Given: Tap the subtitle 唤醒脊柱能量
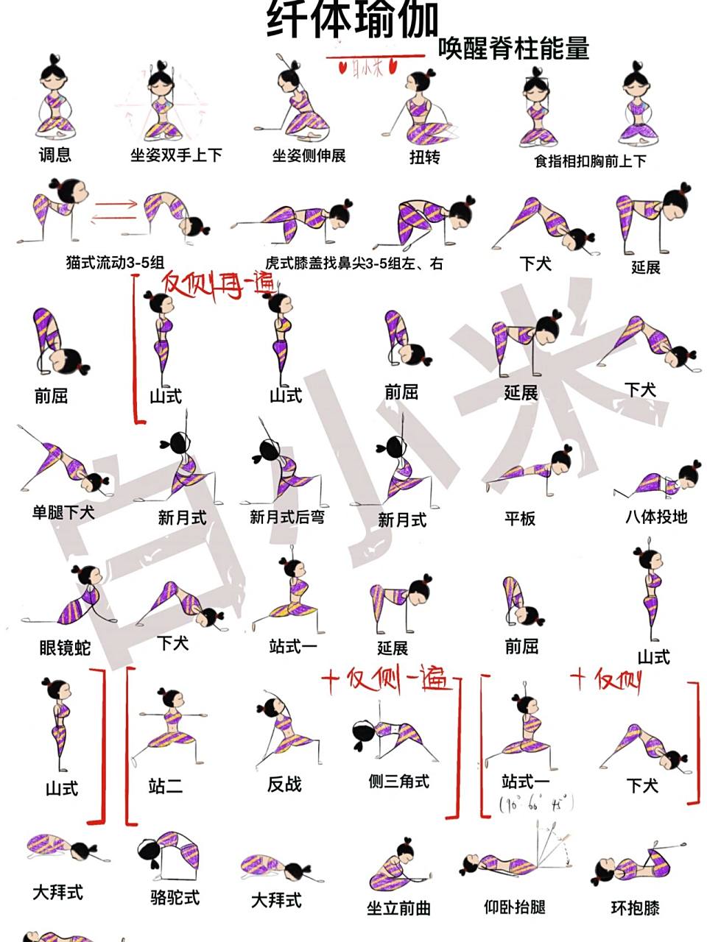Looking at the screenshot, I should pyautogui.click(x=513, y=49).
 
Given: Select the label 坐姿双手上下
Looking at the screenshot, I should pyautogui.click(x=176, y=155).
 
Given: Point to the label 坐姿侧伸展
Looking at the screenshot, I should pyautogui.click(x=309, y=155).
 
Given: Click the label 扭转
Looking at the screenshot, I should pyautogui.click(x=424, y=157).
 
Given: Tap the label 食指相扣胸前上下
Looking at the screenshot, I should pyautogui.click(x=590, y=160).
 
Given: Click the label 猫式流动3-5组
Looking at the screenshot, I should pyautogui.click(x=115, y=262).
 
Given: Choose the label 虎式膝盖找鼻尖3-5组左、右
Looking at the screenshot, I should pyautogui.click(x=353, y=263).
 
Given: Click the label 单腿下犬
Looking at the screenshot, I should pyautogui.click(x=63, y=512).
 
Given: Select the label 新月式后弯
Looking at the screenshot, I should pyautogui.click(x=286, y=517).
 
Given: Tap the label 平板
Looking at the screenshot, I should pyautogui.click(x=519, y=519).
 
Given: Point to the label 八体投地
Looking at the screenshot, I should pyautogui.click(x=655, y=517).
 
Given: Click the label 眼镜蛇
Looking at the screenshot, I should pyautogui.click(x=66, y=648).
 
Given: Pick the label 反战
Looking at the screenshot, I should pyautogui.click(x=284, y=785).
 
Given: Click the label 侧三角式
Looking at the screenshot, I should pyautogui.click(x=398, y=782).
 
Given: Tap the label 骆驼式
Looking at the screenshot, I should pyautogui.click(x=175, y=898).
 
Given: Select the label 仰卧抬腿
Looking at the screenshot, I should pyautogui.click(x=514, y=906).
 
